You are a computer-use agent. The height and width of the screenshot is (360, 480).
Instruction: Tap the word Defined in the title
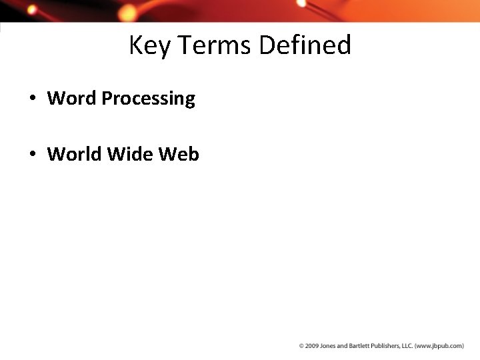tap(305, 46)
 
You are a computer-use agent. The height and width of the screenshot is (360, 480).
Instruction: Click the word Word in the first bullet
tap(71, 99)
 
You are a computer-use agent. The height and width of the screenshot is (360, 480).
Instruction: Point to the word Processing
tap(148, 99)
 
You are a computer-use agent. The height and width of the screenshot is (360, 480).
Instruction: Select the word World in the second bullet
tap(74, 154)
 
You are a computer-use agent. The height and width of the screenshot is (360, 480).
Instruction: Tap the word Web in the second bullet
tap(178, 154)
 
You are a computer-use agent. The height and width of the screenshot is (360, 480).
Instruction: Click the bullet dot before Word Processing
tap(31, 99)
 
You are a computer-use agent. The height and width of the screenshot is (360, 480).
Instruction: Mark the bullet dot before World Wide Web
tap(31, 155)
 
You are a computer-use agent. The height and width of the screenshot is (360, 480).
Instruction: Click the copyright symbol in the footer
tap(301, 346)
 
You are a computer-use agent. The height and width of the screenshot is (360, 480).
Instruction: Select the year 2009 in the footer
tap(311, 346)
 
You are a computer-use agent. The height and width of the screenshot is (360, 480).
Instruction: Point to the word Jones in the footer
tap(328, 346)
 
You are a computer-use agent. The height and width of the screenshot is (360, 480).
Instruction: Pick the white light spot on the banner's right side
tap(301, 3)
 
